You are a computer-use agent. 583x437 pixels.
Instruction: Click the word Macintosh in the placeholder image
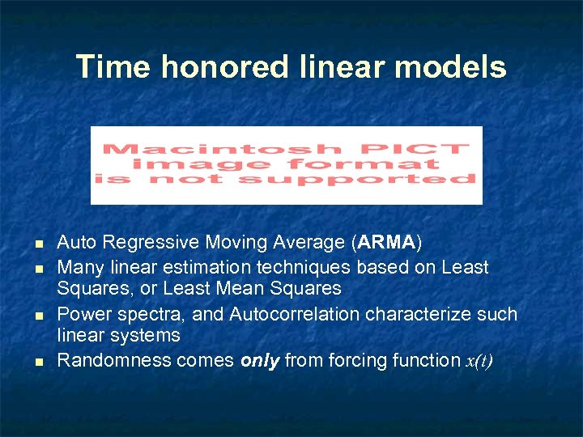coord(210,149)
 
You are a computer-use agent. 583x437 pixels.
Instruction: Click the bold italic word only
coord(259,360)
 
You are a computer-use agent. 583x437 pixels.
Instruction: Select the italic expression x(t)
coord(477,361)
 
